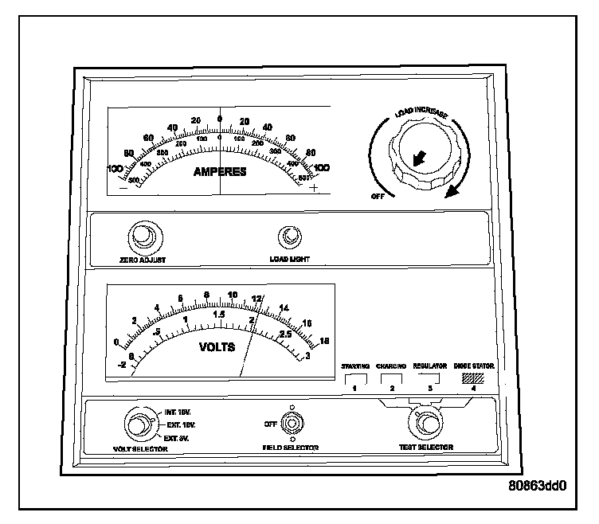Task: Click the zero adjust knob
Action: coord(143,237)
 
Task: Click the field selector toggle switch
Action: coord(292,424)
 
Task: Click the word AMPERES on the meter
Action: coord(219,171)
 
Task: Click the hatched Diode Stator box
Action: coord(473,378)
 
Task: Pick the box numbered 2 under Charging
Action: coord(392,381)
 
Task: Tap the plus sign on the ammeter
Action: coord(314,189)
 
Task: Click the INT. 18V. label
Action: coord(177,413)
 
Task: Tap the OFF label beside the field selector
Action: coord(270,424)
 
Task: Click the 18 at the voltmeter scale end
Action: coord(324,341)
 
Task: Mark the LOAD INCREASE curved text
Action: coord(423,114)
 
